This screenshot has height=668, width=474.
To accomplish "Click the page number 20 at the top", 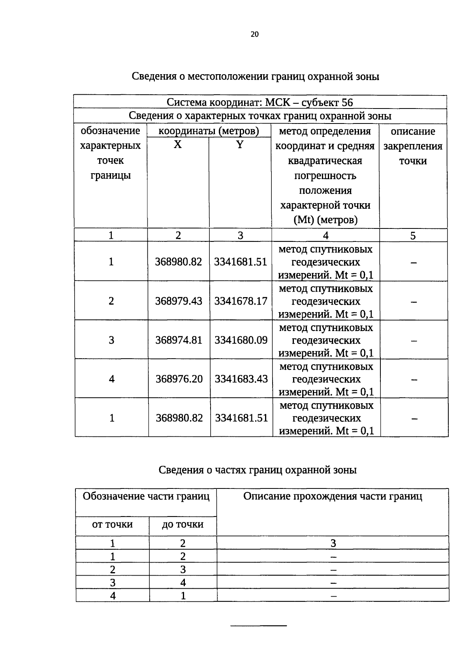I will [x=254, y=34].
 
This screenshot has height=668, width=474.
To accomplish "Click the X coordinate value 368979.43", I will [x=179, y=301].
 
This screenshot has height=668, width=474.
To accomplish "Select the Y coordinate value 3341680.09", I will [x=241, y=340].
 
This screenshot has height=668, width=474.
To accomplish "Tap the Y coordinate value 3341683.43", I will [x=241, y=379].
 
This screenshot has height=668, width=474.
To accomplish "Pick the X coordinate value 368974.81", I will [x=179, y=340].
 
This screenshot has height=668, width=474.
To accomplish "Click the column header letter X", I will [x=178, y=145].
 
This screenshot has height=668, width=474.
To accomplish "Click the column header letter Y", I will [x=240, y=145].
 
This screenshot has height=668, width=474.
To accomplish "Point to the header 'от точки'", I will [x=112, y=524].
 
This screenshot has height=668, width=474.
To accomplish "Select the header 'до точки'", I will [x=182, y=524].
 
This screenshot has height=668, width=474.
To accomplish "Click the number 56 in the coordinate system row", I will [x=347, y=103].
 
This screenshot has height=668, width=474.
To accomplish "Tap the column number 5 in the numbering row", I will [x=413, y=236].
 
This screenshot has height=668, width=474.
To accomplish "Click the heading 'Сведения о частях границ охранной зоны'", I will [x=258, y=470].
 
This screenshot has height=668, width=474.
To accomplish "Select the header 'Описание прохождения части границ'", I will [x=333, y=496].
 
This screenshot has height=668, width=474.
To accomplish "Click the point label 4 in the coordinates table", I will [x=112, y=379].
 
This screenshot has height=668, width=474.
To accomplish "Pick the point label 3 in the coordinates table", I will [x=111, y=340].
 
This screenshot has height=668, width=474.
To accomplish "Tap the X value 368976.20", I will [x=179, y=379].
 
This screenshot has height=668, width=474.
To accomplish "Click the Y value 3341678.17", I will [x=241, y=301].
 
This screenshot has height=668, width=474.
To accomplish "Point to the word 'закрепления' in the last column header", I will [x=413, y=146].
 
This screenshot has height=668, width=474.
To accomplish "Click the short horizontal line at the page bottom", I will [x=258, y=626].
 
